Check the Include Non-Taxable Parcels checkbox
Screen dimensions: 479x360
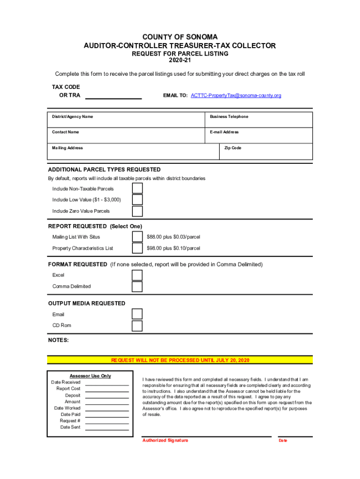point(137,189)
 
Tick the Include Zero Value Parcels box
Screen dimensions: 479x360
point(137,211)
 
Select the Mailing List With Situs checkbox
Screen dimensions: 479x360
point(137,237)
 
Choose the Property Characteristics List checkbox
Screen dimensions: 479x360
point(137,248)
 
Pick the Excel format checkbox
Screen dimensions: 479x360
point(137,275)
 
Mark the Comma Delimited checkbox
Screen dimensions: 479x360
point(137,286)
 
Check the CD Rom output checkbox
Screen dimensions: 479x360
point(137,326)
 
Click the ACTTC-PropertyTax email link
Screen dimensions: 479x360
point(236,95)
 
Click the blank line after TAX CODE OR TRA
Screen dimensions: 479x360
point(113,96)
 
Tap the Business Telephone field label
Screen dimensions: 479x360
point(229,116)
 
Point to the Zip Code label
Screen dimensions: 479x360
point(233,148)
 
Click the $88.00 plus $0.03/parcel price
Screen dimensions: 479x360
point(173,237)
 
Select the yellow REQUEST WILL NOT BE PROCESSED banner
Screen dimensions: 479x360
point(180,360)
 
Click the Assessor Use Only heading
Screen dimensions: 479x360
point(90,376)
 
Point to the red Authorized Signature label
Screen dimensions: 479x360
point(165,441)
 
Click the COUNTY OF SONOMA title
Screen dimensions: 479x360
point(180,37)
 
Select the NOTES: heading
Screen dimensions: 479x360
point(58,340)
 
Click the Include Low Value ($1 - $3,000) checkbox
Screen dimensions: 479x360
point(137,200)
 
